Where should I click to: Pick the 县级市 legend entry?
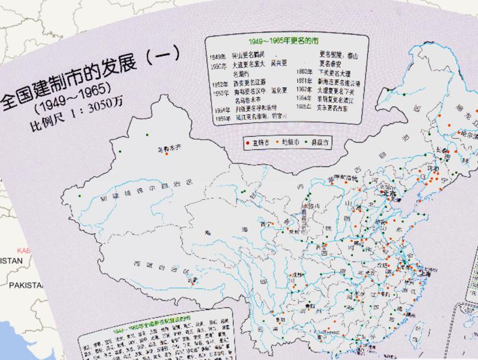(320, 142)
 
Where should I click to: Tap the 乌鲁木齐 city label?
(168, 148)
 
